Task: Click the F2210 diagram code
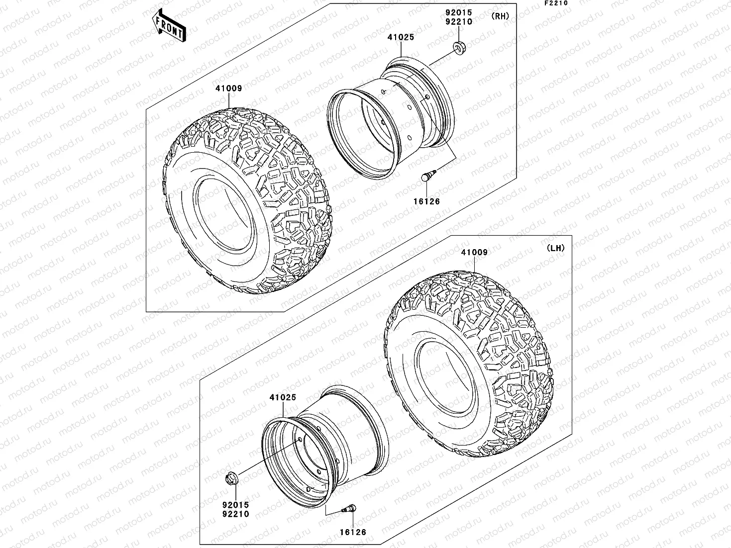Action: click(555, 3)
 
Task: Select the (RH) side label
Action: click(500, 16)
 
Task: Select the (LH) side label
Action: click(555, 248)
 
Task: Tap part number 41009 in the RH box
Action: click(228, 89)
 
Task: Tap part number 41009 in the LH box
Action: click(474, 252)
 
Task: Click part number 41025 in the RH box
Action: click(401, 37)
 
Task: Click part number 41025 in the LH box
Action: click(283, 397)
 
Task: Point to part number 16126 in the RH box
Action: click(426, 201)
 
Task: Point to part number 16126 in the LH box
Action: click(353, 532)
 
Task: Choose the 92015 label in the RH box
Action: click(459, 12)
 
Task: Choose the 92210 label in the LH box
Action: click(236, 514)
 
